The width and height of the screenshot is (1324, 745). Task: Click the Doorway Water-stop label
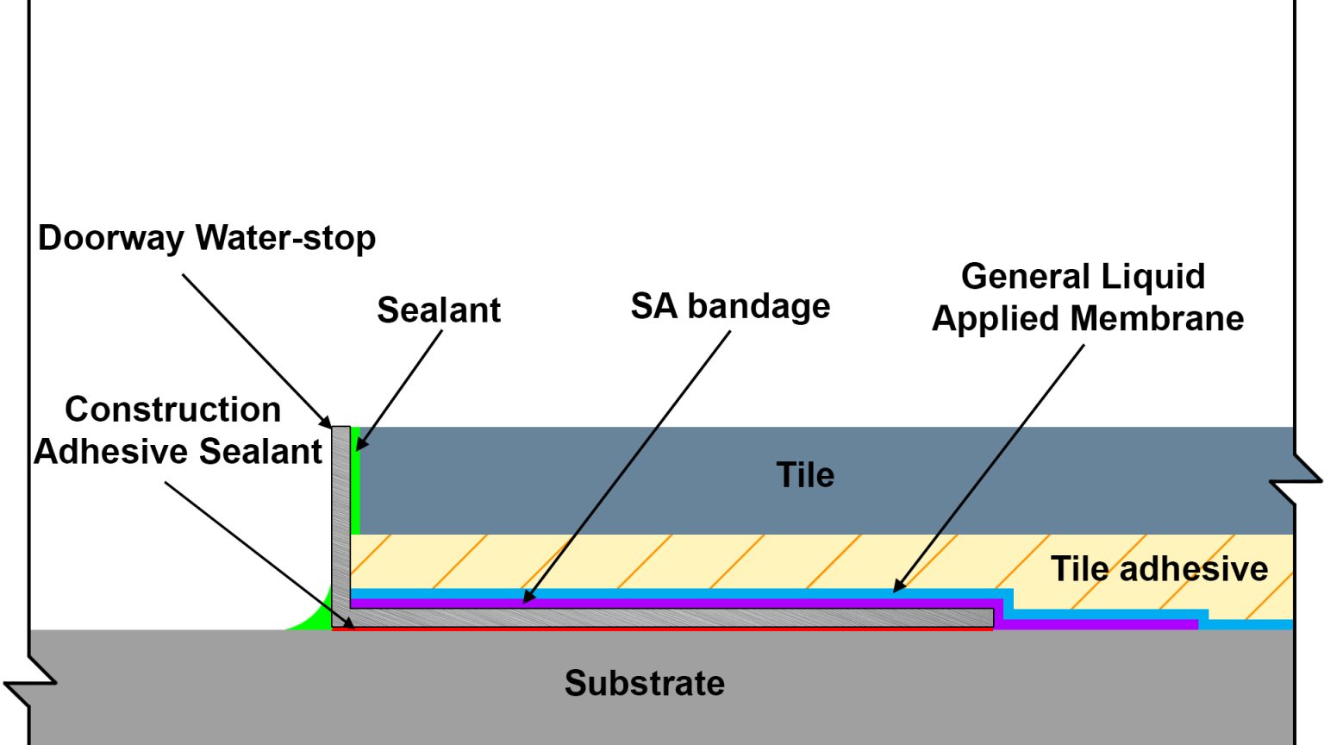207,238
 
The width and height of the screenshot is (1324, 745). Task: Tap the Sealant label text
439,310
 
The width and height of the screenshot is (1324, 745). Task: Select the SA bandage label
730,306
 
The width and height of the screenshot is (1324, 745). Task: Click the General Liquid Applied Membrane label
1087,297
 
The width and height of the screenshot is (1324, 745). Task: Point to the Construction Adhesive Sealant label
178,430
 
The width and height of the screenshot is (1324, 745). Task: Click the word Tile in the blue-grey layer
805,475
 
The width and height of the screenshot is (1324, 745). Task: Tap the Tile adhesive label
1158,569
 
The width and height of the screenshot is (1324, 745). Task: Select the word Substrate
644,683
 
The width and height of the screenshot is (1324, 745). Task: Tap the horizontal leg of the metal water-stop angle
672,617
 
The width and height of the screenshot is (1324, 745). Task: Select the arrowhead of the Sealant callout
361,444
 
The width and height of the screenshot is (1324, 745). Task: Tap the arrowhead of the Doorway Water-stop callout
327,423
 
